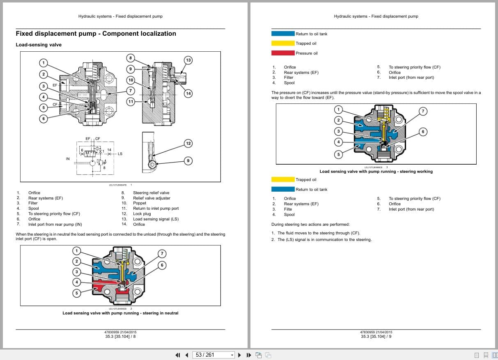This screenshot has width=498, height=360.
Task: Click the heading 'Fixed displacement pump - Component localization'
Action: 96,34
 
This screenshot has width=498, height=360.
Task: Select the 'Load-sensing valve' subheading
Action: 39,45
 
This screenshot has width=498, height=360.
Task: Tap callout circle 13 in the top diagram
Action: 188,60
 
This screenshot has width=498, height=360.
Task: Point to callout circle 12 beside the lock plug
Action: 188,143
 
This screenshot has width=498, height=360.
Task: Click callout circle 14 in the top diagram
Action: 188,93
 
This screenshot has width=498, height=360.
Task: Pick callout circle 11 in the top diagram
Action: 131,101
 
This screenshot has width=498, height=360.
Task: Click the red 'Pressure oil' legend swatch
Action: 283,53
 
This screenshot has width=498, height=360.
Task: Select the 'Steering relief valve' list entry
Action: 151,193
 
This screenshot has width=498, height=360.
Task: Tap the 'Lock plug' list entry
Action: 142,214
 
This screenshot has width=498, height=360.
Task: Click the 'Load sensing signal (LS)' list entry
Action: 156,219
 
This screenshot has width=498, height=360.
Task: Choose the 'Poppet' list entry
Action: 140,203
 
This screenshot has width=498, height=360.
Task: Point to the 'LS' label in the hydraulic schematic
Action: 120,154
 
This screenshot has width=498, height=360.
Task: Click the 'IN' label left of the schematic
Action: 68,159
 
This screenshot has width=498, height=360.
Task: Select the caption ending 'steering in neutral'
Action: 120,313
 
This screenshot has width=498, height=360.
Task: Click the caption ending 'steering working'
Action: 376,172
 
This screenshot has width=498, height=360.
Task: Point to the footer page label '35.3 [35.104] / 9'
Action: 376,337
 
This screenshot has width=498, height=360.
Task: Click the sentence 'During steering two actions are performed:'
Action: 310,225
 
